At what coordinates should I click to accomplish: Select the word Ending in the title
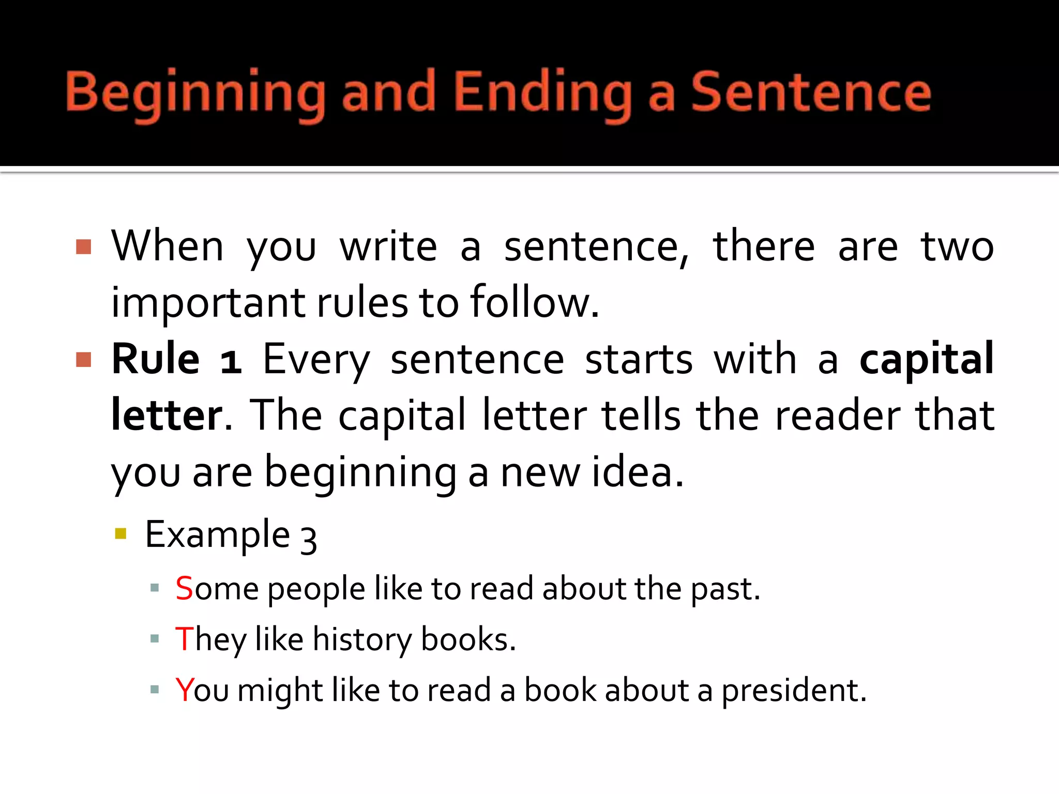[543, 93]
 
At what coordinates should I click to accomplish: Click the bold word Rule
[156, 359]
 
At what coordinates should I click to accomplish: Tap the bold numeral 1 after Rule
[231, 361]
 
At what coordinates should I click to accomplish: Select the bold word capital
[926, 360]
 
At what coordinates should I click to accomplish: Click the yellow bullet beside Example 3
[121, 533]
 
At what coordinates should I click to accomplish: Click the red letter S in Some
[184, 588]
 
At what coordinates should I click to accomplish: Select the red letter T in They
[185, 639]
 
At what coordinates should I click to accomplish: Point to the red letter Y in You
[185, 690]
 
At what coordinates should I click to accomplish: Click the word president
[793, 692]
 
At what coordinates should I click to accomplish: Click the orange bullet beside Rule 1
[84, 359]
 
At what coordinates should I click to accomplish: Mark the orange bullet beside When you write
[84, 247]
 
